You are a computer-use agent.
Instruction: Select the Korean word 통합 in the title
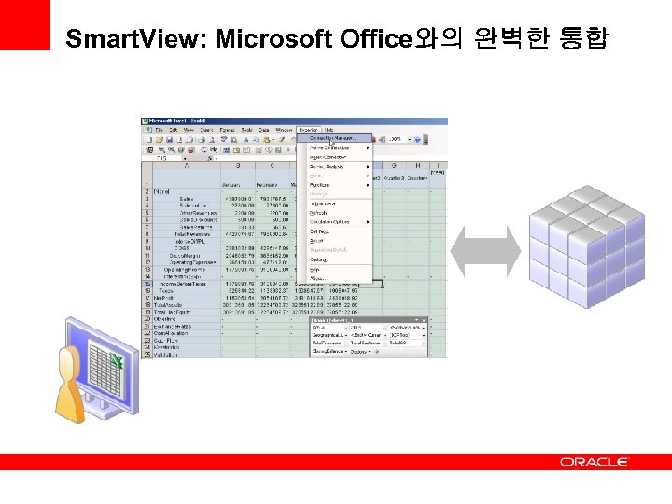(x=583, y=39)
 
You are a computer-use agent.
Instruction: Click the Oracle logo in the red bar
(x=595, y=461)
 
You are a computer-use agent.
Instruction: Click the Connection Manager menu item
(x=333, y=138)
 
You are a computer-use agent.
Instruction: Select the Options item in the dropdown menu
(x=320, y=259)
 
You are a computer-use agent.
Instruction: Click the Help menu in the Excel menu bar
(x=329, y=130)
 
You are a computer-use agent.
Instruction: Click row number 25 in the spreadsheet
(x=147, y=354)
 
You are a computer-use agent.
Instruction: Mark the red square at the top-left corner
(x=24, y=24)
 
